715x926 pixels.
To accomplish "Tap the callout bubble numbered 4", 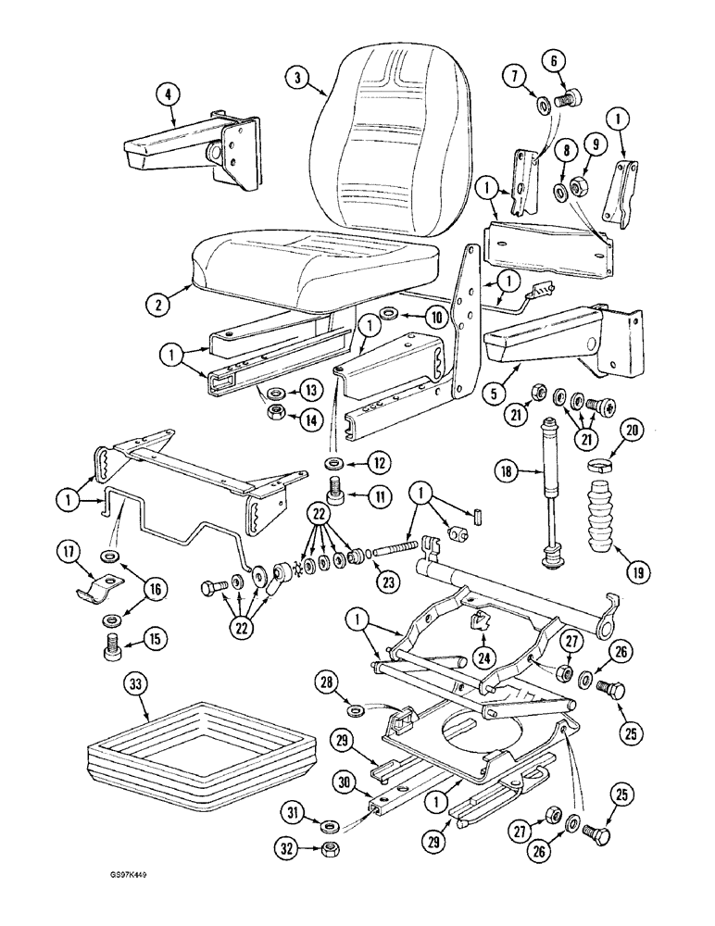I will point(168,93).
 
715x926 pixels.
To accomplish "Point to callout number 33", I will point(136,686).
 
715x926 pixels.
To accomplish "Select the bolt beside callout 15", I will point(110,640).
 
